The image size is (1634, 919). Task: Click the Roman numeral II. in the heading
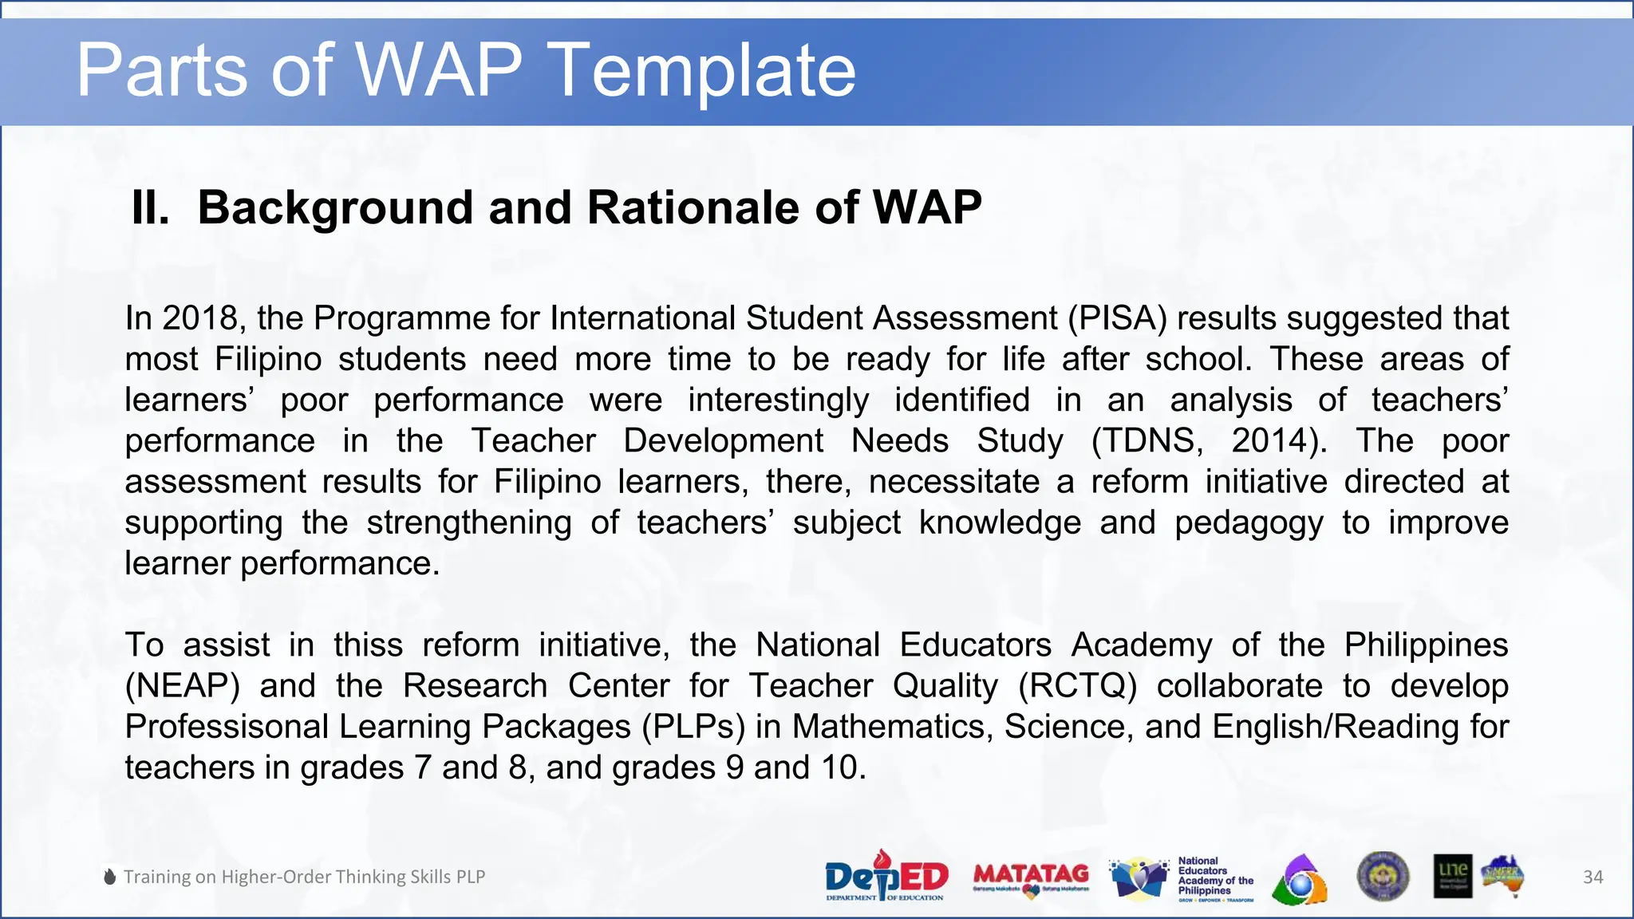[x=150, y=207]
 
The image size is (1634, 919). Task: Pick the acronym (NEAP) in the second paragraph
[x=182, y=686]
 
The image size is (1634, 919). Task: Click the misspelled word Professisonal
[x=227, y=727]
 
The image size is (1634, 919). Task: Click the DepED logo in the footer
[x=886, y=876]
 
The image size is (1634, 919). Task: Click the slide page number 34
[x=1593, y=877]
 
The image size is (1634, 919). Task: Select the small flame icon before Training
[x=110, y=877]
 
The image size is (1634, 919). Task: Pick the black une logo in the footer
[x=1452, y=876]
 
